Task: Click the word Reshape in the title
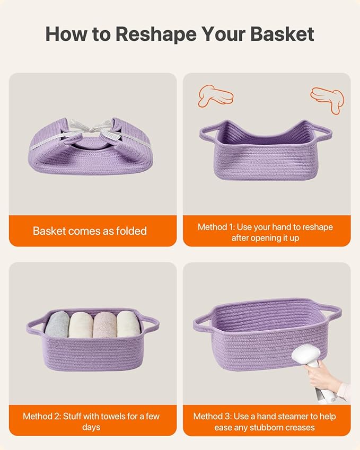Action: [x=156, y=35]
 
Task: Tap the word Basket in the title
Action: [x=282, y=34]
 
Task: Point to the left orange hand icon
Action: [x=215, y=96]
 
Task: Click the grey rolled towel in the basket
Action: [x=57, y=324]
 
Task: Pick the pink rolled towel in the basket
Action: [x=105, y=324]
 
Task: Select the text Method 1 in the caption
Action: [x=216, y=227]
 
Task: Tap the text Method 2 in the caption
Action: [x=42, y=416]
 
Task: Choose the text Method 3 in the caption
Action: [x=212, y=416]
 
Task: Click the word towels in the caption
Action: [x=115, y=416]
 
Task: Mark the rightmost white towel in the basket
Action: [x=128, y=324]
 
